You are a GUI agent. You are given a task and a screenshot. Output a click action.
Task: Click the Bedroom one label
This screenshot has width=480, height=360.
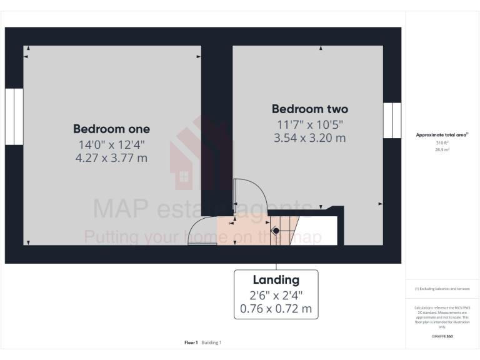pos(111,129)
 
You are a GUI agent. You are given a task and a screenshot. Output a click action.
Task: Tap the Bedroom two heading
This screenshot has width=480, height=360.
pos(309,109)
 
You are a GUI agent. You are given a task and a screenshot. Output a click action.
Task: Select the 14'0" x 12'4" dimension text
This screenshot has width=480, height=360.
pos(111,144)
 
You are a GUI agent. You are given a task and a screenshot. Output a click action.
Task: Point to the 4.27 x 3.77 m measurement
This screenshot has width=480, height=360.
pos(111,158)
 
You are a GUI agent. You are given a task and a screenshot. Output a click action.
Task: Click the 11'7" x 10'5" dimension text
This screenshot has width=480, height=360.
pos(309,124)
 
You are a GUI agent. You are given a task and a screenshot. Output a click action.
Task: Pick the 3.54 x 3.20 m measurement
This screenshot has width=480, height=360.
pos(309,138)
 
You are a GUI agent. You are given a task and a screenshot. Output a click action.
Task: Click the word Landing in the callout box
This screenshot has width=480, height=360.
pos(276,280)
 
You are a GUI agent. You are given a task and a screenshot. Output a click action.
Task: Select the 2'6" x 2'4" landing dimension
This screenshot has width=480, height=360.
pos(276,294)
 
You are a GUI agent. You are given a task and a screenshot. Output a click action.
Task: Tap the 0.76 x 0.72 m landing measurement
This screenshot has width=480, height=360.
pos(276,309)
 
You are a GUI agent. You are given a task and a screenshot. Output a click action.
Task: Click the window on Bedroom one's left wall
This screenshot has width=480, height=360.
pos(14,117)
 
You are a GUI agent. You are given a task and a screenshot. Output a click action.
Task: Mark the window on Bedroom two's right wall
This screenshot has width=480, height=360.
pos(392,121)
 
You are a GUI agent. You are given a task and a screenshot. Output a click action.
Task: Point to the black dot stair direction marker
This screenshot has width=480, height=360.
pos(276,231)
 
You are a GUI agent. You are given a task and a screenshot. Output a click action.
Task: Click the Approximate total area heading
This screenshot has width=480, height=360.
pos(442,134)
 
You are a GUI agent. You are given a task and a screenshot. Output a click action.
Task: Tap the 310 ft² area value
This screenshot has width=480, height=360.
pos(442,142)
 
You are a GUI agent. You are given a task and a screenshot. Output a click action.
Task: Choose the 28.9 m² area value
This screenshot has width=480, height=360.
pos(442,150)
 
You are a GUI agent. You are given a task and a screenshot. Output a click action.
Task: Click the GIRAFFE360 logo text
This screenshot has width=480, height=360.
pos(442,336)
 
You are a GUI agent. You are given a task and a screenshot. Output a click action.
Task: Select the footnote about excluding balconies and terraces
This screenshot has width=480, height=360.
pos(442,289)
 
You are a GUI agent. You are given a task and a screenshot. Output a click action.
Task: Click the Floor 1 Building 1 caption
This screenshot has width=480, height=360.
pos(203,342)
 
